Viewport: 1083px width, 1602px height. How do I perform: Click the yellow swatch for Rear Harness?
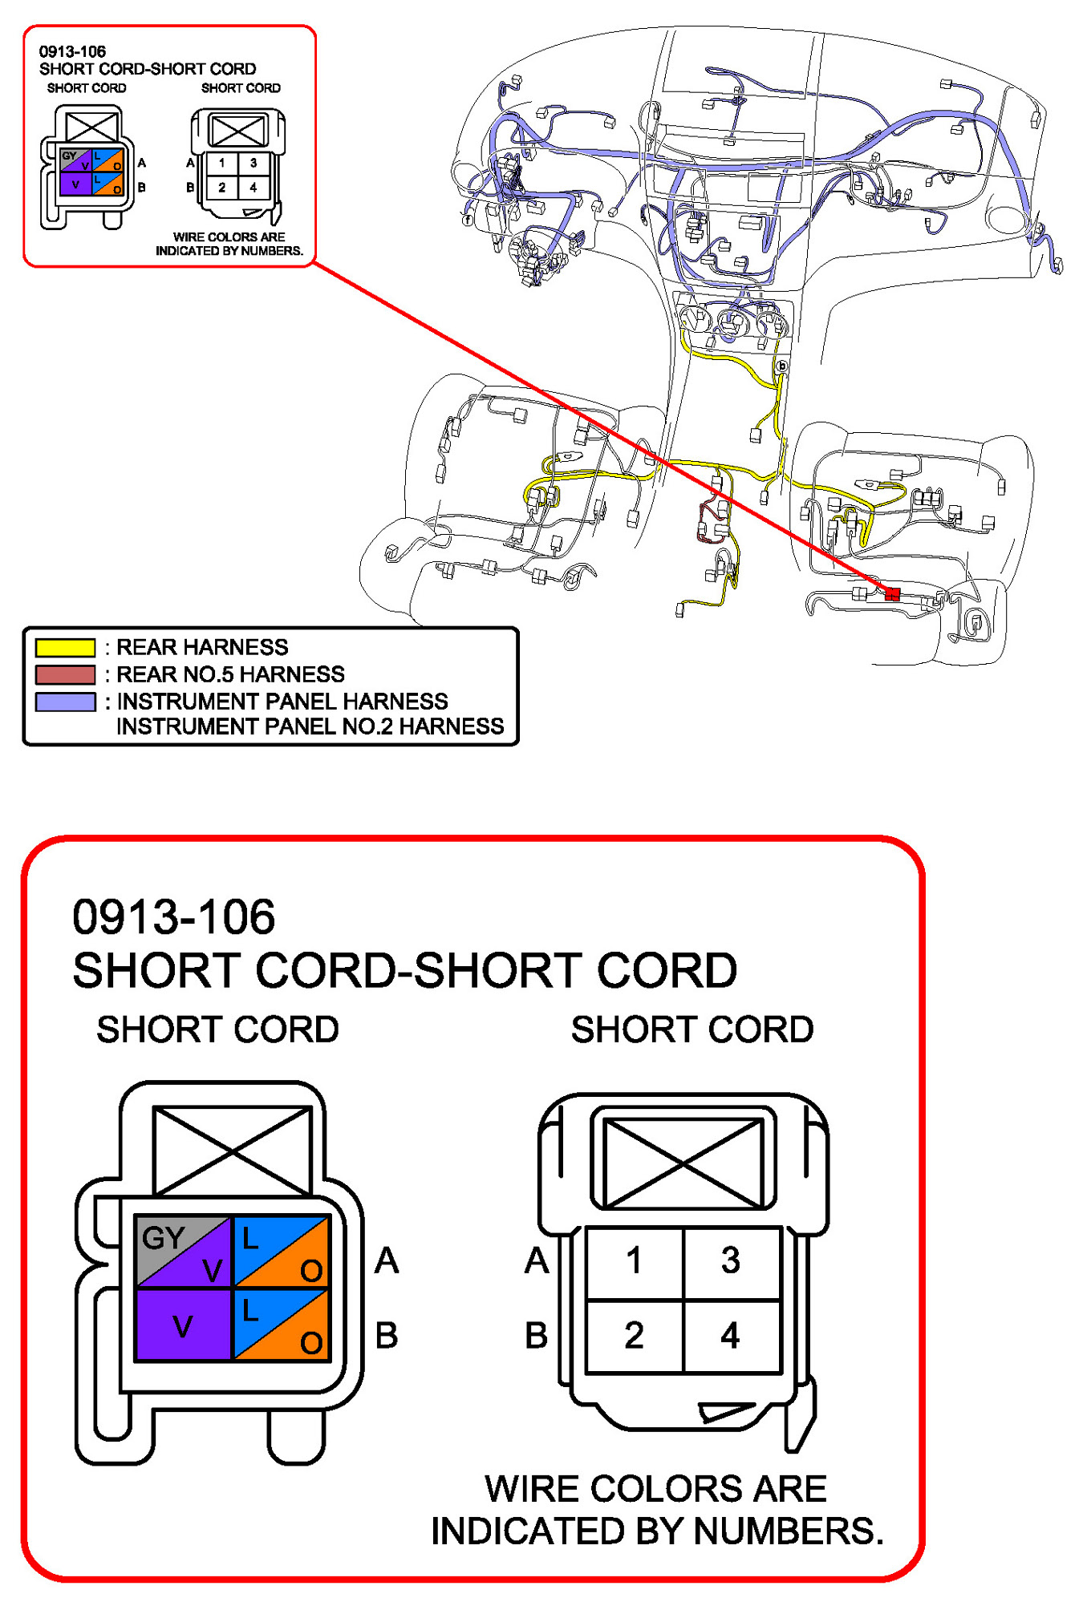[65, 646]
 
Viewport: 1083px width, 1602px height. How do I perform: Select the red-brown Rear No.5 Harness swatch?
[65, 674]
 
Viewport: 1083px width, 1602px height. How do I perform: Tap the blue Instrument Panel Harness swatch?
[65, 702]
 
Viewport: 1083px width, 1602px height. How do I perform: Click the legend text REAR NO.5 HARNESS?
[230, 674]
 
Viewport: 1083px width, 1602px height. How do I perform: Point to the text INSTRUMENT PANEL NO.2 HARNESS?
[310, 726]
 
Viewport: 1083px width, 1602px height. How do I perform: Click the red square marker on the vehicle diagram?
[892, 593]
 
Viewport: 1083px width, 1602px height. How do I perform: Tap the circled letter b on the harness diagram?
[781, 366]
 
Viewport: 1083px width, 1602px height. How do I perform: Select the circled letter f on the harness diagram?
[468, 219]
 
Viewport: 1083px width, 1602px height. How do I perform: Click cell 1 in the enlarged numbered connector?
[634, 1260]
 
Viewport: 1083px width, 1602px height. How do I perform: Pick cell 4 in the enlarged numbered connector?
[730, 1335]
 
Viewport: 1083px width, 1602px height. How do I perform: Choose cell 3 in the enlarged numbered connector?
[730, 1260]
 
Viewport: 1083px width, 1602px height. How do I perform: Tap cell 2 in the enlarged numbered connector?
[634, 1335]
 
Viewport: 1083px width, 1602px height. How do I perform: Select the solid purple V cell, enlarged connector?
[183, 1327]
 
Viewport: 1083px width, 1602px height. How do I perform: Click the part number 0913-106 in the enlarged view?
[173, 917]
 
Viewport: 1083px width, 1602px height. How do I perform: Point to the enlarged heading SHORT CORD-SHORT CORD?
[404, 970]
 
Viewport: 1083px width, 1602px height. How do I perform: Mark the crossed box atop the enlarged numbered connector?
[683, 1163]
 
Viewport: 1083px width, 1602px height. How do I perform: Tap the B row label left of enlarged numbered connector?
[537, 1336]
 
